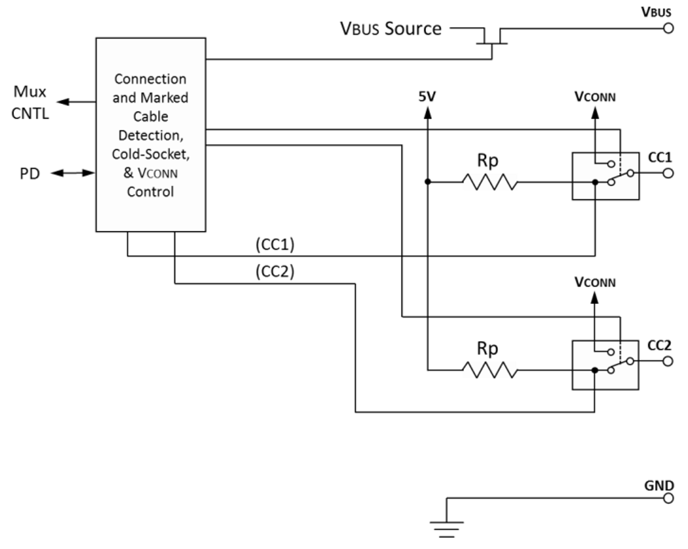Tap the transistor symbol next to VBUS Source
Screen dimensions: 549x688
pos(492,38)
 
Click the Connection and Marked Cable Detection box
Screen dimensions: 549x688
pos(150,134)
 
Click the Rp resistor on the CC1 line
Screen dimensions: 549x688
pos(490,181)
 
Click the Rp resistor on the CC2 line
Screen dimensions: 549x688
pos(490,369)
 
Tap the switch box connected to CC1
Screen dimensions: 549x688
pos(605,176)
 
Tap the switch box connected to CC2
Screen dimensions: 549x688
pos(605,364)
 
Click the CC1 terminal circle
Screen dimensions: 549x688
pos(668,173)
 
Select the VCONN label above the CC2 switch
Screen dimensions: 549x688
pos(596,283)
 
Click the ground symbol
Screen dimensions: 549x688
pos(447,528)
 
